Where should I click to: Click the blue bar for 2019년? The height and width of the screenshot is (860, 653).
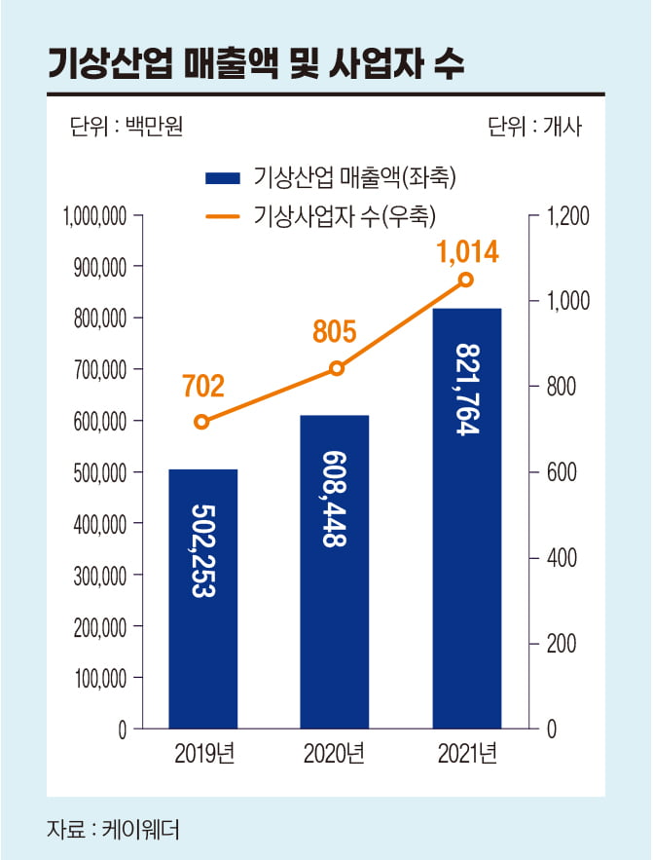202,598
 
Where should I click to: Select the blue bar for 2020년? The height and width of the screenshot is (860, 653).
336,571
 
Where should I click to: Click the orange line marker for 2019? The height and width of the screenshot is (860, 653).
201,422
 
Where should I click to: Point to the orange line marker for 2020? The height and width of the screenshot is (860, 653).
337,368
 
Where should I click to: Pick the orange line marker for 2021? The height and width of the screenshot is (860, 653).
466,280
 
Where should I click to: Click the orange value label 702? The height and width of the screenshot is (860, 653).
202,386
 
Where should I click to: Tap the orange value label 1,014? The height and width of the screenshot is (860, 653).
467,253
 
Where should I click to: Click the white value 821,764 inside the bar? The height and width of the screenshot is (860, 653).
468,389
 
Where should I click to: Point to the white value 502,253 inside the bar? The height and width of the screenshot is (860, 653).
202,550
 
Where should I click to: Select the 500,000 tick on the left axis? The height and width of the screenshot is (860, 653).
98,473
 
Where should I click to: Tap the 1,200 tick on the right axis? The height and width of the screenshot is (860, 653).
567,216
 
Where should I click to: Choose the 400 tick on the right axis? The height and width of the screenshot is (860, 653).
562,558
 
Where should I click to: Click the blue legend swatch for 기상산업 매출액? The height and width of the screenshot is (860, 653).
222,178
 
